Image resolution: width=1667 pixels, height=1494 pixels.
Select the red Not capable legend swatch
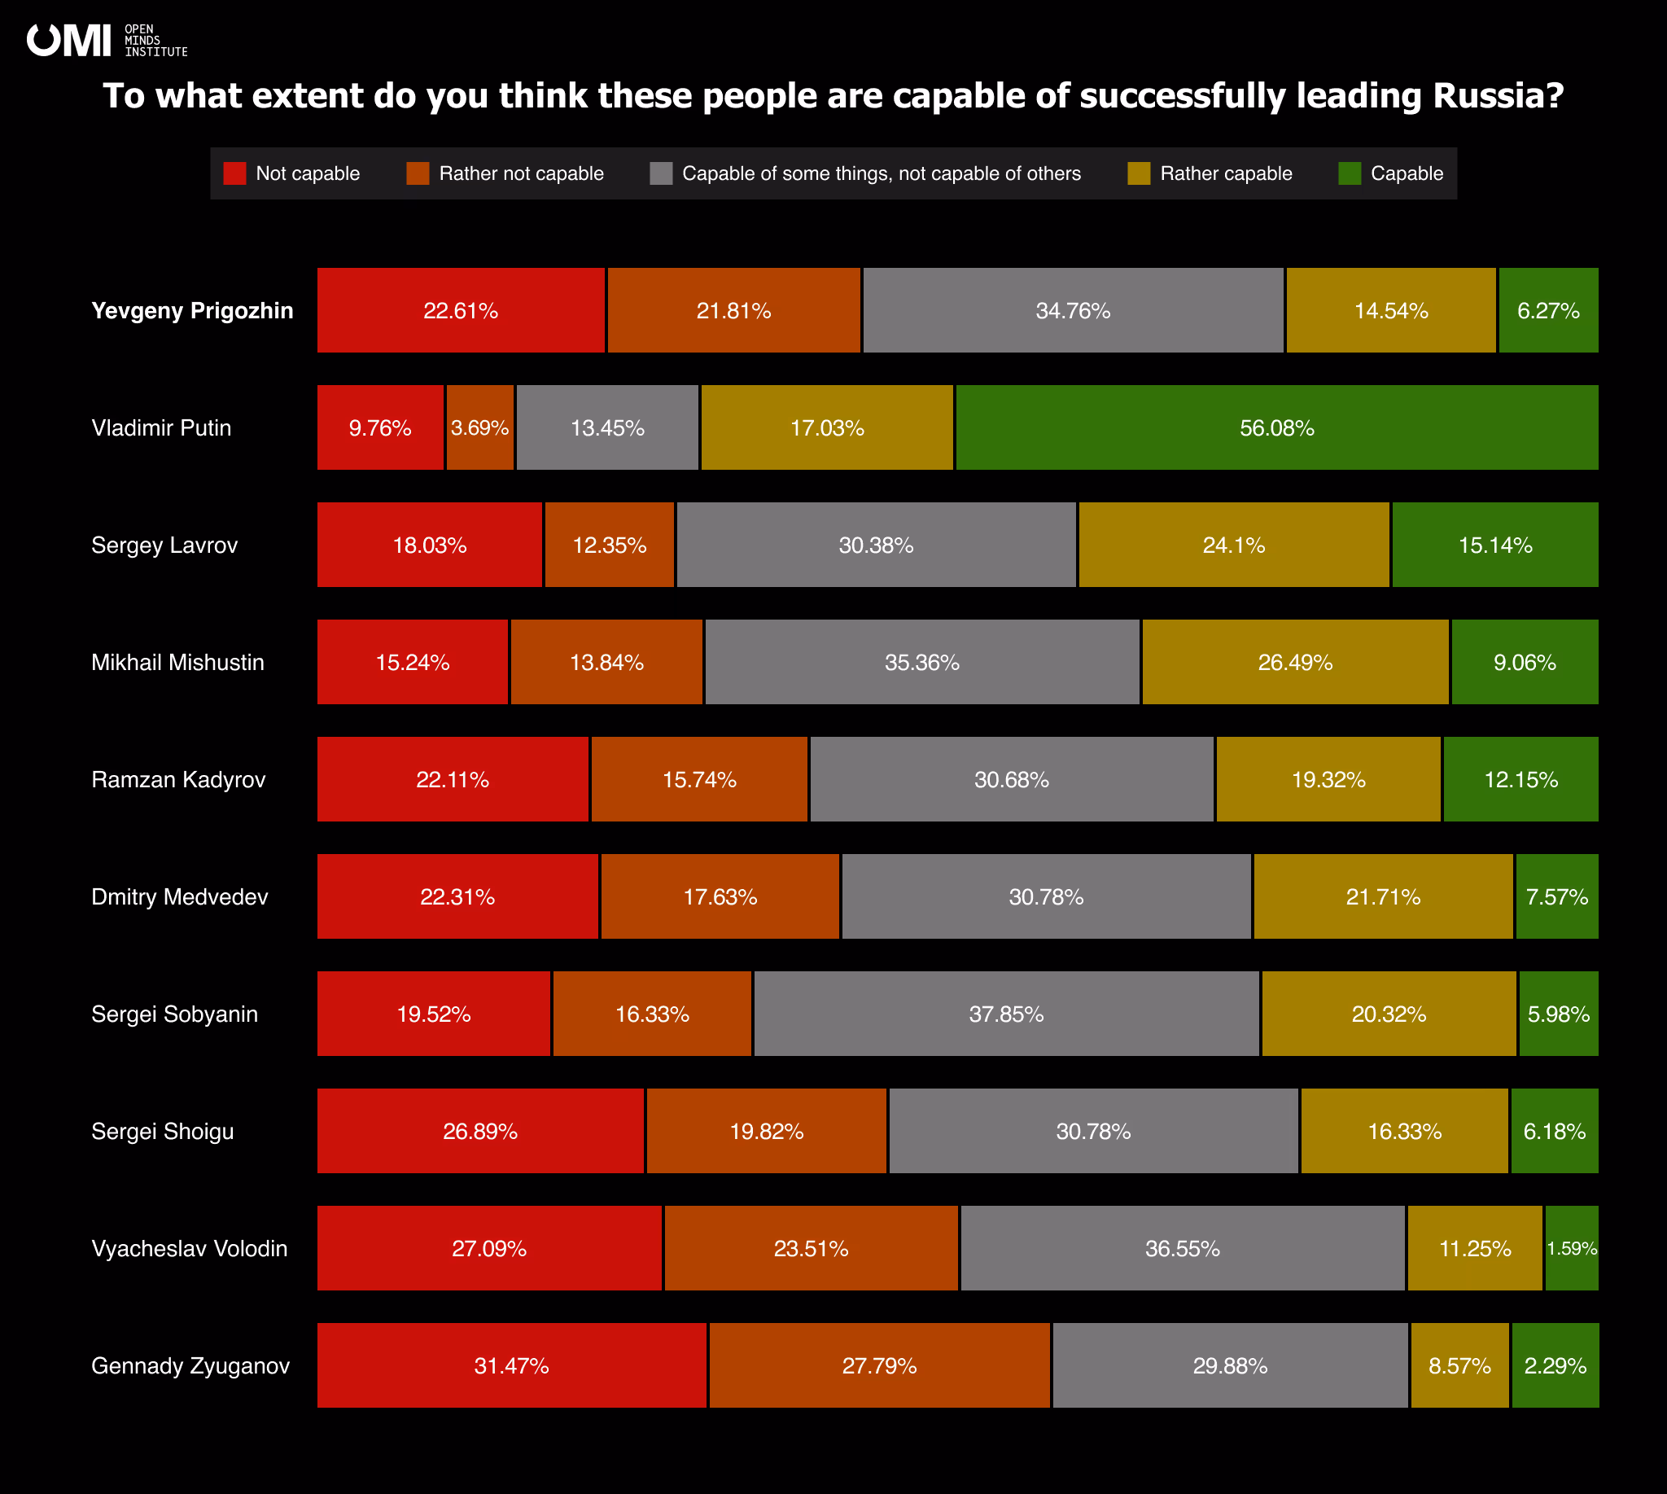point(234,173)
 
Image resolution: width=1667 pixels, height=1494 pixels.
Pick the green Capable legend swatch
point(1350,173)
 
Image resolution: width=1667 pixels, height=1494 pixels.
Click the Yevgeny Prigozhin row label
point(192,310)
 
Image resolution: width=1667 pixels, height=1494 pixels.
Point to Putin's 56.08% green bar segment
point(1276,427)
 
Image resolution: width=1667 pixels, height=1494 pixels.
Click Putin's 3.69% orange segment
point(480,427)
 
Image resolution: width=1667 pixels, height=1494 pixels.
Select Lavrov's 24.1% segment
point(1233,545)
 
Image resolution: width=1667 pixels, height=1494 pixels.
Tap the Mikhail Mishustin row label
point(177,663)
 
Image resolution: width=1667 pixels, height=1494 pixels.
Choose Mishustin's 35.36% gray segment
point(921,663)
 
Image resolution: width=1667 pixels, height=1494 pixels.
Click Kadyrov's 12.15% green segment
point(1520,779)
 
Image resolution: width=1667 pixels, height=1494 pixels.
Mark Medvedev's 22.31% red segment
point(457,896)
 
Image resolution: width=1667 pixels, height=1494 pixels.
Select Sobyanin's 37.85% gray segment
point(1006,1014)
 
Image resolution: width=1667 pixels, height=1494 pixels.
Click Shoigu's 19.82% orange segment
point(766,1131)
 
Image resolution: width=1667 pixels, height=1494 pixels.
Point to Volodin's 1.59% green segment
point(1571,1249)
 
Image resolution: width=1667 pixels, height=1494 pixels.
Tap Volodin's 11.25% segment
point(1474,1249)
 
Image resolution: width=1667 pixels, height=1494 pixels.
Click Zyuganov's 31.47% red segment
point(511,1366)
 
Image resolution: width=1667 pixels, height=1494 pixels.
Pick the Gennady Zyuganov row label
point(190,1366)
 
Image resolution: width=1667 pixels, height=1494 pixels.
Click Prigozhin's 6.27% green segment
point(1548,310)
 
